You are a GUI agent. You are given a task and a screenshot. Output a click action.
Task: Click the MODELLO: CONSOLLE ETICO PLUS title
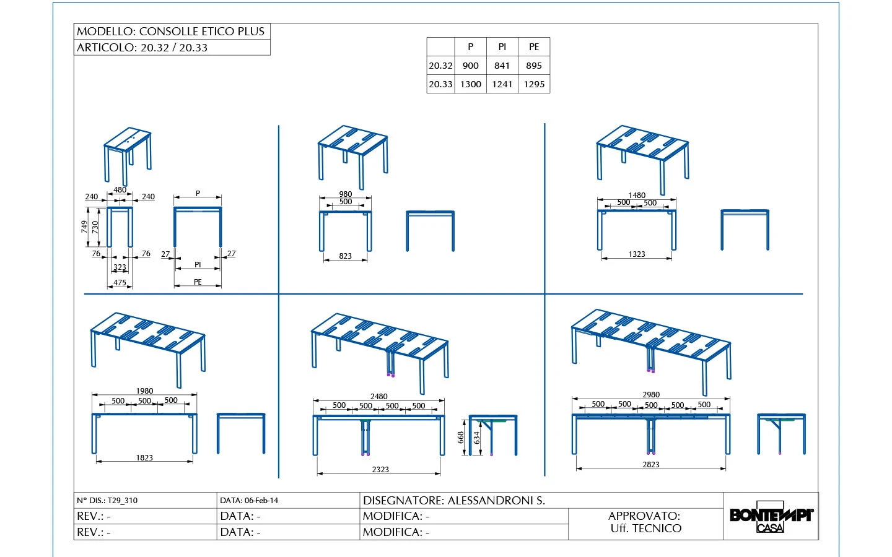pyautogui.click(x=170, y=32)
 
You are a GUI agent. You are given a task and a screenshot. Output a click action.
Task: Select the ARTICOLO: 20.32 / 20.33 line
pyautogui.click(x=142, y=48)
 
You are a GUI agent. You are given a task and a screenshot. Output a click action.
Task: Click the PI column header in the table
pyautogui.click(x=502, y=47)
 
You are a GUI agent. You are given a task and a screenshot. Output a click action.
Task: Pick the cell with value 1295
pyautogui.click(x=533, y=84)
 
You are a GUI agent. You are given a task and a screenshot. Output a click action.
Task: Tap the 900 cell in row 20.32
pyautogui.click(x=470, y=66)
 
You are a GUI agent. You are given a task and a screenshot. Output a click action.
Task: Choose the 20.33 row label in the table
pyautogui.click(x=440, y=84)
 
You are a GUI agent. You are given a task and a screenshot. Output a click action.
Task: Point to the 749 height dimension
pyautogui.click(x=84, y=227)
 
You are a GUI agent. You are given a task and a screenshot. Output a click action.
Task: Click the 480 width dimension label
pyautogui.click(x=120, y=190)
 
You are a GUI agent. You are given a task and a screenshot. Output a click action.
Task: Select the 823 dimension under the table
pyautogui.click(x=345, y=256)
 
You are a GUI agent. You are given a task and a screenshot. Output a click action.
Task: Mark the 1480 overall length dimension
pyautogui.click(x=636, y=195)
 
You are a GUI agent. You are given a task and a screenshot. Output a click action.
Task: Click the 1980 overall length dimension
pyautogui.click(x=144, y=391)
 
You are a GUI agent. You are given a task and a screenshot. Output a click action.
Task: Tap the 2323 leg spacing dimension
pyautogui.click(x=380, y=470)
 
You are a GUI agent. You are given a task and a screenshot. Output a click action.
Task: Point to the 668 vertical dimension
pyautogui.click(x=461, y=438)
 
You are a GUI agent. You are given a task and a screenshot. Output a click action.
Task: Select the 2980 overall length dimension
pyautogui.click(x=650, y=394)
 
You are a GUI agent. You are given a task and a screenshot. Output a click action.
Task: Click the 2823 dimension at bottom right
pyautogui.click(x=650, y=465)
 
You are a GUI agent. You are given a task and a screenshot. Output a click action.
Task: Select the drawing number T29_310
pyautogui.click(x=122, y=501)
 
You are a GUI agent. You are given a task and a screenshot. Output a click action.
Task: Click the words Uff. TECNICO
pyautogui.click(x=645, y=529)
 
